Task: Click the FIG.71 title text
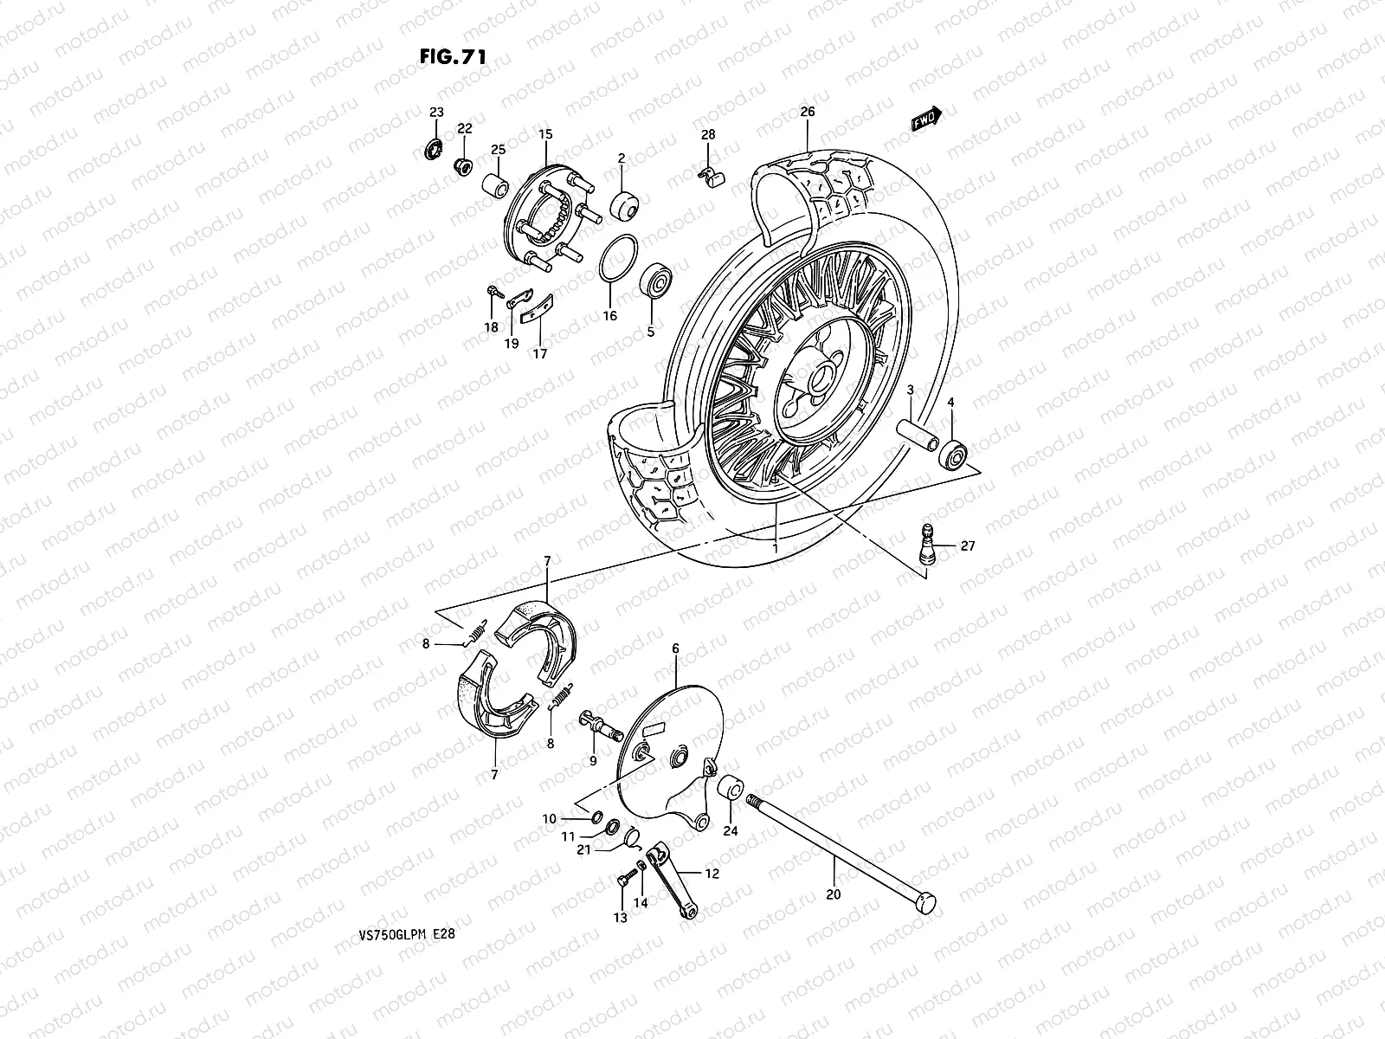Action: point(452,56)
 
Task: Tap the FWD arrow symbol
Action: point(925,119)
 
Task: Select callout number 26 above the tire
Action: point(807,112)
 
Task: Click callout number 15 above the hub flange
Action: point(544,134)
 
